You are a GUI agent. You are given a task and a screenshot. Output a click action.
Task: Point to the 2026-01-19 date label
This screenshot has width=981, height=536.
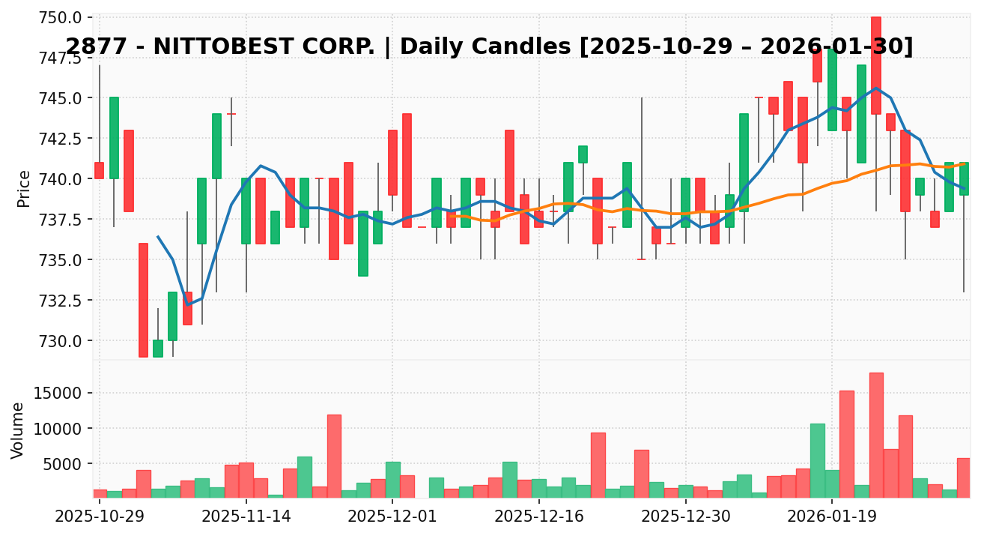[x=832, y=517]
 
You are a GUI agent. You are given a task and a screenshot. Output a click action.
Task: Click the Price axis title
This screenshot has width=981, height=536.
[x=24, y=188]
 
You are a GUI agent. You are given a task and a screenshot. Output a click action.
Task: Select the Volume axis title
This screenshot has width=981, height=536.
[x=18, y=430]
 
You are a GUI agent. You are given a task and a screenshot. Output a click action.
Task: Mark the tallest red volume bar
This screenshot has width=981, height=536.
[x=876, y=435]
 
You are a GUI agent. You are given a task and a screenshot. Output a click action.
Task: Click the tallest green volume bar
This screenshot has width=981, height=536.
[x=817, y=460]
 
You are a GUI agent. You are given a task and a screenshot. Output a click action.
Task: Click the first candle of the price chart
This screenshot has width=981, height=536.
[x=99, y=170]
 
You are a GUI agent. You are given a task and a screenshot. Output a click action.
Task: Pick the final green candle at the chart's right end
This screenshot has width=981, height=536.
[x=964, y=178]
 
